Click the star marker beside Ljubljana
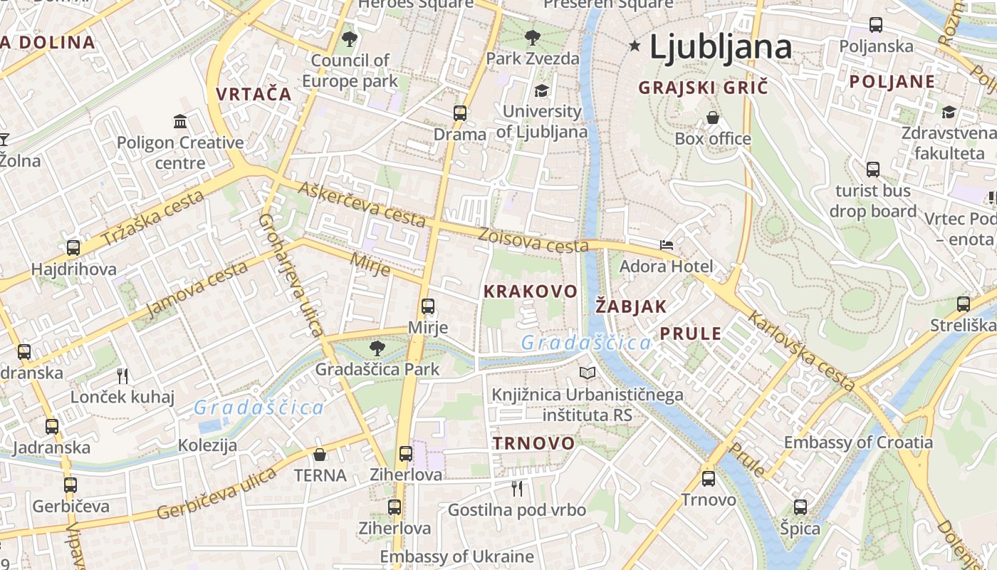635,46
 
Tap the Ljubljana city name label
721,47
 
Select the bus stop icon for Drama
460,113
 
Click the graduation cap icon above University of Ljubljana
541,91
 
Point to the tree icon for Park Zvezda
532,38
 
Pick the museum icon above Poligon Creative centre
180,121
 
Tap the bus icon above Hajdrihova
73,248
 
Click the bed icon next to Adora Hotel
667,245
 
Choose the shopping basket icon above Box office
713,118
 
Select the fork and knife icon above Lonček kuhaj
122,375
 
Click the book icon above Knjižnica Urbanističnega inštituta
588,373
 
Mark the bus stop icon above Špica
800,507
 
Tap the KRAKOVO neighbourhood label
530,291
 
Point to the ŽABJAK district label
631,306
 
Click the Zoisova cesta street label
534,240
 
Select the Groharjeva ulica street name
291,274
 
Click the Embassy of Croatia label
858,442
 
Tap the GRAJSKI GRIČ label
704,88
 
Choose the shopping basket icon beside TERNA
320,455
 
